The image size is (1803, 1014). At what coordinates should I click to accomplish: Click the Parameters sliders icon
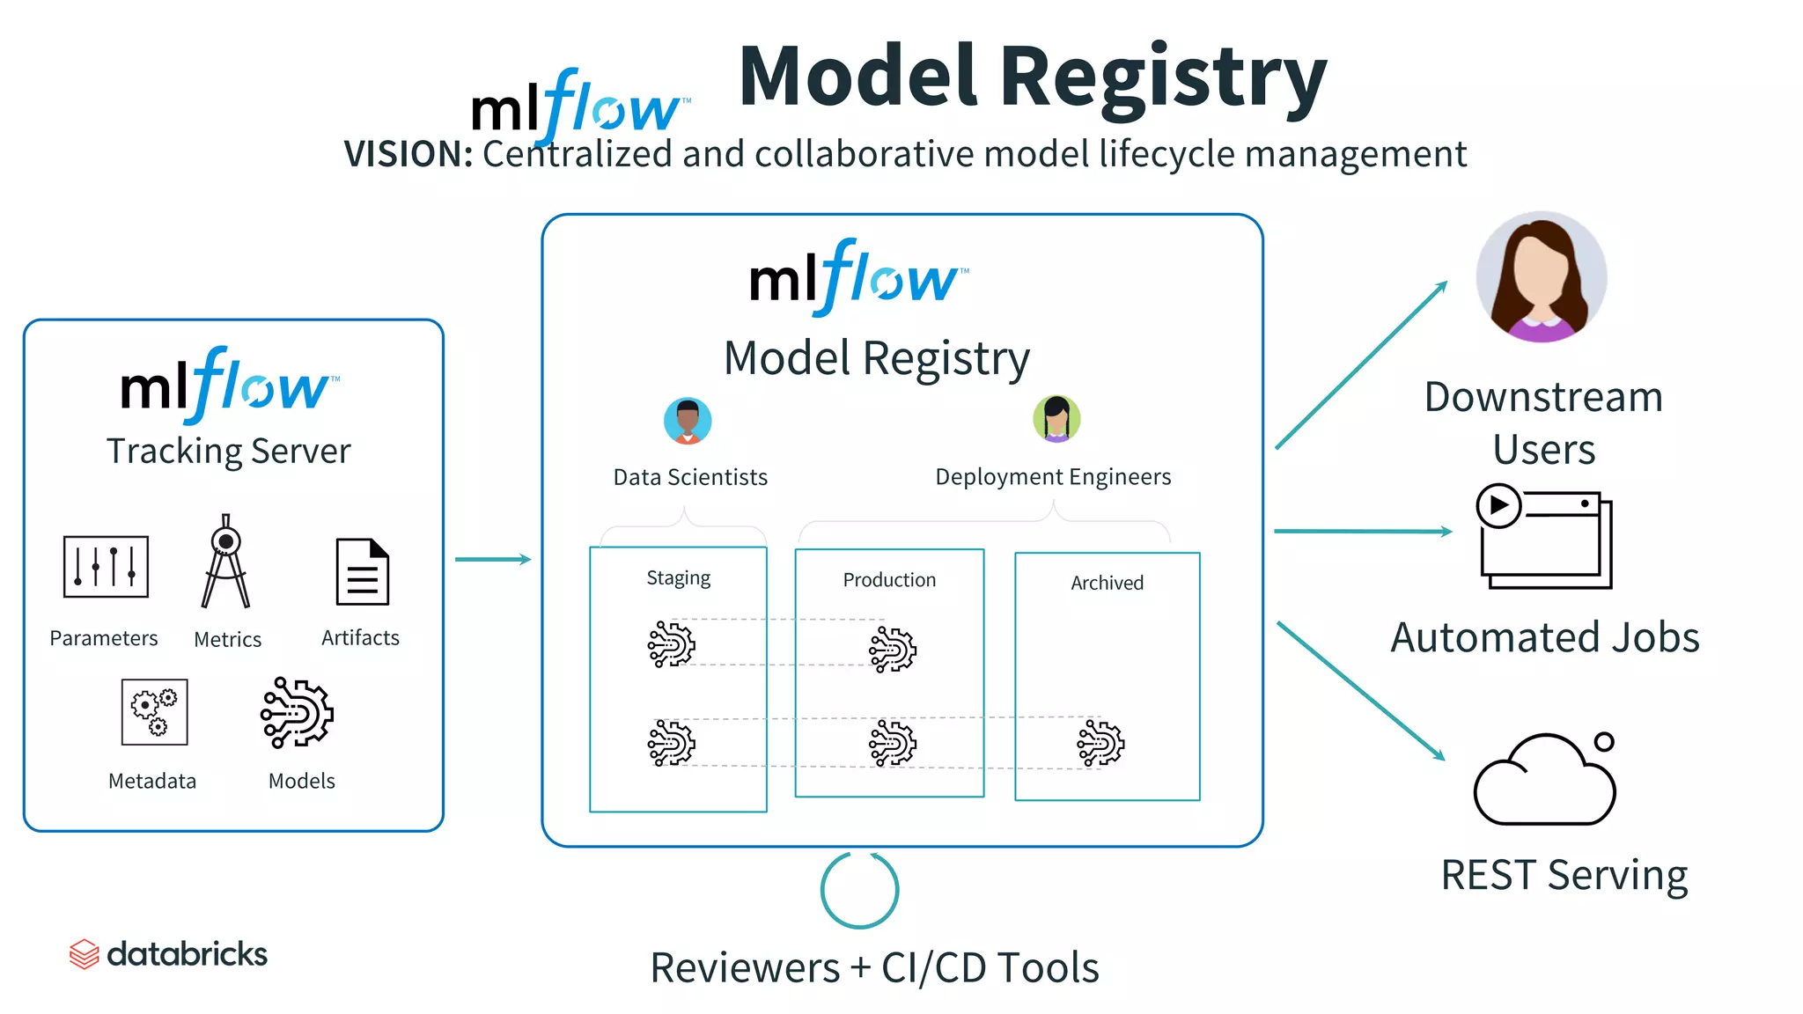pyautogui.click(x=106, y=567)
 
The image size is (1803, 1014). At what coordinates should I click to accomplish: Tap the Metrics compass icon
pyautogui.click(x=226, y=563)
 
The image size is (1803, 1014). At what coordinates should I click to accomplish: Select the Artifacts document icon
pyautogui.click(x=362, y=572)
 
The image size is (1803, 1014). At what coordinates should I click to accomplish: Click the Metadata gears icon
pyautogui.click(x=154, y=712)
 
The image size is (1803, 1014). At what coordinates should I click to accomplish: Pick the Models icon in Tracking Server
pyautogui.click(x=298, y=713)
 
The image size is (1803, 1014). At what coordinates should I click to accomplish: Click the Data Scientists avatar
pyautogui.click(x=688, y=421)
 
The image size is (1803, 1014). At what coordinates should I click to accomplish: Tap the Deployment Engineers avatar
pyautogui.click(x=1056, y=419)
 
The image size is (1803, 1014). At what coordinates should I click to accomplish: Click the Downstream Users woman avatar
pyautogui.click(x=1542, y=277)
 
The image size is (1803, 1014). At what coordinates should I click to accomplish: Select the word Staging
pyautogui.click(x=678, y=578)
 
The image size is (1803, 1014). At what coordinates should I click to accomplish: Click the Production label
pyautogui.click(x=889, y=580)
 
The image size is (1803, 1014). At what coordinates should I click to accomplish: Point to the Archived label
pyautogui.click(x=1107, y=583)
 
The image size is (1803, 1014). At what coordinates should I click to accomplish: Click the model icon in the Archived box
pyautogui.click(x=1100, y=743)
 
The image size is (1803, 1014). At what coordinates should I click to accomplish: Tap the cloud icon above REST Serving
pyautogui.click(x=1545, y=780)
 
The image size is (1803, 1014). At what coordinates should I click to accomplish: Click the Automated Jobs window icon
pyautogui.click(x=1544, y=536)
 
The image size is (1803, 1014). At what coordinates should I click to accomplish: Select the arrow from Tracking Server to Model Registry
pyautogui.click(x=493, y=559)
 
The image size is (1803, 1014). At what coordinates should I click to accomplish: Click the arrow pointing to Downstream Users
pyautogui.click(x=1361, y=365)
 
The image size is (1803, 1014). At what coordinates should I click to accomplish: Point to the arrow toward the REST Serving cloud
pyautogui.click(x=1361, y=691)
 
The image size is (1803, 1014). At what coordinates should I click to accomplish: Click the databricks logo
pyautogui.click(x=168, y=954)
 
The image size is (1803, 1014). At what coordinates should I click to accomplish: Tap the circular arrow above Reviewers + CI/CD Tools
pyautogui.click(x=859, y=890)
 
